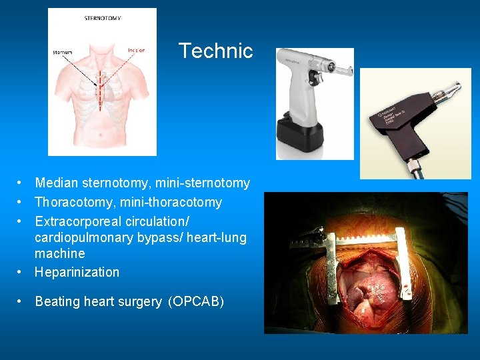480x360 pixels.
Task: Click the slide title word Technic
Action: click(215, 51)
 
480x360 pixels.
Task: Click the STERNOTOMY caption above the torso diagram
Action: click(103, 18)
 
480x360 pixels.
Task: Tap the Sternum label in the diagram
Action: click(62, 52)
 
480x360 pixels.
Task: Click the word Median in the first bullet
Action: click(55, 183)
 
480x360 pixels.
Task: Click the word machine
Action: click(60, 253)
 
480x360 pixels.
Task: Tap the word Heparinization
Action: click(77, 272)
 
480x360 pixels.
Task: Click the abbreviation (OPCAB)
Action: click(197, 302)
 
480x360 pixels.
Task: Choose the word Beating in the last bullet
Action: click(57, 302)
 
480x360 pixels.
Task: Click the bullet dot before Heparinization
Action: click(22, 272)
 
